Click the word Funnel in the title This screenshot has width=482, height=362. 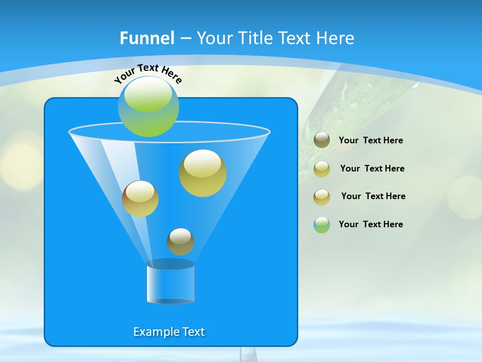(147, 38)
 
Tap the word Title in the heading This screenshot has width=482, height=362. (255, 38)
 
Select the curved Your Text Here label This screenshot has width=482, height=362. (148, 73)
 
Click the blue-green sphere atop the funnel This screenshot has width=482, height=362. (149, 107)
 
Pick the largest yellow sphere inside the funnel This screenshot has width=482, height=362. (203, 173)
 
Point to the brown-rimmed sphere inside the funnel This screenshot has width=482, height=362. (140, 199)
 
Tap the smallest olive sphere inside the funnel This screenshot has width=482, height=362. (180, 241)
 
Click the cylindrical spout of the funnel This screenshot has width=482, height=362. (171, 283)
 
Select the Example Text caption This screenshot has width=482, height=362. (169, 332)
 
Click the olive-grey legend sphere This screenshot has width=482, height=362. (322, 140)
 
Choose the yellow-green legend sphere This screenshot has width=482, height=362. (322, 169)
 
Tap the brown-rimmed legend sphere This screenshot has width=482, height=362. (322, 197)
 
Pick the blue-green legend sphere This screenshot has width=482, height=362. (322, 225)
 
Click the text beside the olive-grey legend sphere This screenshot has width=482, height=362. (371, 141)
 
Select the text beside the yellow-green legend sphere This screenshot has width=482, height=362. (372, 169)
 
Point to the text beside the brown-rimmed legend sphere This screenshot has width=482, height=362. (374, 197)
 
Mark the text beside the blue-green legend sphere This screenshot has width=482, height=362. (371, 224)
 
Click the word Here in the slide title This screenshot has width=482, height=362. (336, 38)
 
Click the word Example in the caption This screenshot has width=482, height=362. (155, 332)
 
